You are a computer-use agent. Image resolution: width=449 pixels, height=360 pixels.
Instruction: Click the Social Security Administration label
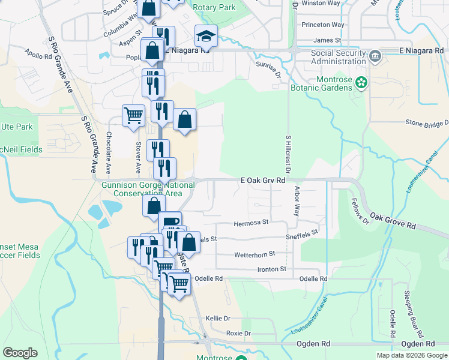pyautogui.click(x=330, y=57)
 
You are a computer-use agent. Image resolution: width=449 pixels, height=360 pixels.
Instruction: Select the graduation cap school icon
pyautogui.click(x=206, y=37)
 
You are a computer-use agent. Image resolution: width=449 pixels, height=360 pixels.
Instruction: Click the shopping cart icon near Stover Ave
pyautogui.click(x=133, y=115)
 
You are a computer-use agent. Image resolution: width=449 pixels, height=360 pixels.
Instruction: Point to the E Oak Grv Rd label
pyautogui.click(x=262, y=179)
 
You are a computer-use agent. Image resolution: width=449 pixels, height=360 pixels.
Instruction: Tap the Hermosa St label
pyautogui.click(x=250, y=223)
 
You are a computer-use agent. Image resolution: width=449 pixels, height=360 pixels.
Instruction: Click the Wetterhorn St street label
pyautogui.click(x=255, y=254)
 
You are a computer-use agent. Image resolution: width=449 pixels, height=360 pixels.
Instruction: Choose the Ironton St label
pyautogui.click(x=271, y=269)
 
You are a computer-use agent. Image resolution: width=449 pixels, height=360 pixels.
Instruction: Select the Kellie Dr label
pyautogui.click(x=218, y=318)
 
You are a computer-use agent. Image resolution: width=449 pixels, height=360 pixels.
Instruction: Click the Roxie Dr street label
pyautogui.click(x=238, y=333)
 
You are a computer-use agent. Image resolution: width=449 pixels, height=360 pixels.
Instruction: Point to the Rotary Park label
pyautogui.click(x=215, y=8)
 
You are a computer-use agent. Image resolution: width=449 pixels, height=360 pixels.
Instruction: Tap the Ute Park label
pyautogui.click(x=16, y=127)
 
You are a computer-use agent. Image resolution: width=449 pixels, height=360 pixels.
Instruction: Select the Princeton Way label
pyautogui.click(x=323, y=25)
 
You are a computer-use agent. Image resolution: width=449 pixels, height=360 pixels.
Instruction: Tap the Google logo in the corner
pyautogui.click(x=20, y=353)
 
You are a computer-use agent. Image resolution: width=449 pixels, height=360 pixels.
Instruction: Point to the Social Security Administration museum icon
pyautogui.click(x=375, y=56)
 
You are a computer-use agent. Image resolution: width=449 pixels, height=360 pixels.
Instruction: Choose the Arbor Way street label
pyautogui.click(x=297, y=201)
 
